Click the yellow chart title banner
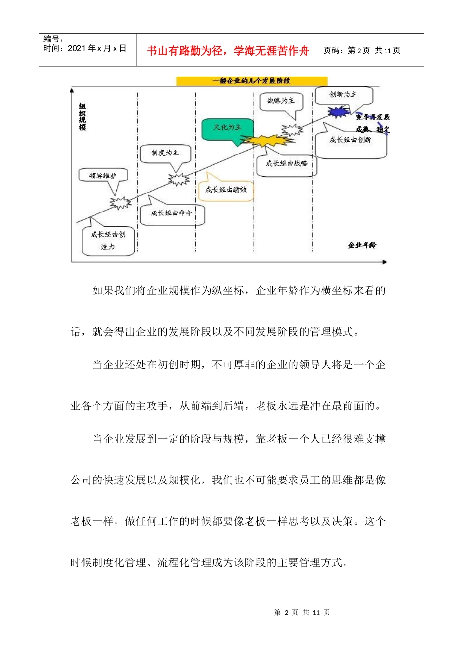click(x=251, y=81)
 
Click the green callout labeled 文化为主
click(x=228, y=128)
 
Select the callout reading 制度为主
click(x=165, y=153)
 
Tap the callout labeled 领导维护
click(x=103, y=176)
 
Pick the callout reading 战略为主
click(x=281, y=101)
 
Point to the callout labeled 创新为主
click(x=343, y=95)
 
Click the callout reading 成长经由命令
click(x=172, y=213)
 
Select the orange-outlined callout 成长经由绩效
click(x=226, y=190)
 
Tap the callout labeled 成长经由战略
click(x=287, y=164)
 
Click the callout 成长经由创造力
click(x=108, y=241)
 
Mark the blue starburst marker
click(x=338, y=112)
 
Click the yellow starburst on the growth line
click(x=267, y=141)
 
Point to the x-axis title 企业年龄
click(x=362, y=245)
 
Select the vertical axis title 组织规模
click(x=82, y=117)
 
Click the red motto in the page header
click(x=228, y=51)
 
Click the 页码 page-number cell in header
click(x=362, y=51)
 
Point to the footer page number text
click(x=302, y=612)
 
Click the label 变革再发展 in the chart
click(x=373, y=117)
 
